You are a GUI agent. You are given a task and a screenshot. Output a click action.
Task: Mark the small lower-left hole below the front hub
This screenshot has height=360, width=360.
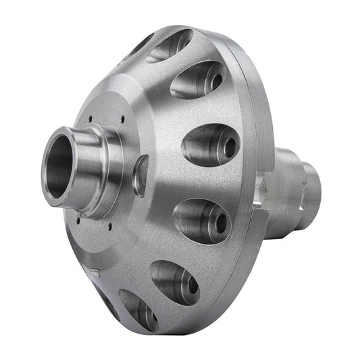coord(80,217)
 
